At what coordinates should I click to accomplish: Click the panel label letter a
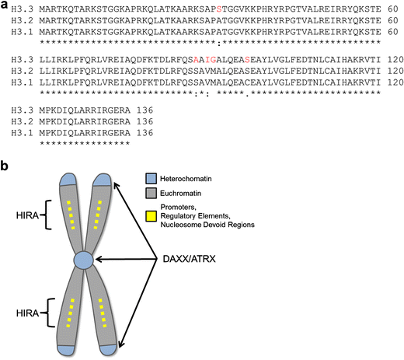(4, 5)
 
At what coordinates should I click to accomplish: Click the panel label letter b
(4, 166)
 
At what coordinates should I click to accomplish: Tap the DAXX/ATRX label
(189, 259)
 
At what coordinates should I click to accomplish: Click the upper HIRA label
(27, 215)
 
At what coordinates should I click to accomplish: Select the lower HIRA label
(27, 313)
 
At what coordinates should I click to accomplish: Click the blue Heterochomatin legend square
(151, 179)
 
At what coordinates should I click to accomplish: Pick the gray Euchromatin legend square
(151, 193)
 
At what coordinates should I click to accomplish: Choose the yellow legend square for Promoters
(151, 216)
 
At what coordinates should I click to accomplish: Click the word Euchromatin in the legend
(180, 194)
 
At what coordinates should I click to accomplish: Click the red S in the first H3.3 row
(219, 9)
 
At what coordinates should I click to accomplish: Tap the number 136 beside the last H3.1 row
(145, 133)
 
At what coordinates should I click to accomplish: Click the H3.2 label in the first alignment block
(23, 20)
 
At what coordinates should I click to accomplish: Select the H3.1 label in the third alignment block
(23, 133)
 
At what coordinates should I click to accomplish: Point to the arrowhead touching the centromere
(99, 259)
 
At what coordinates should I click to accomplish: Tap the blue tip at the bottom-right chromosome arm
(108, 350)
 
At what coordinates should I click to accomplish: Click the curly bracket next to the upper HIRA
(47, 215)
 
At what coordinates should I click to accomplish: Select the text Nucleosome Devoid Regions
(207, 225)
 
